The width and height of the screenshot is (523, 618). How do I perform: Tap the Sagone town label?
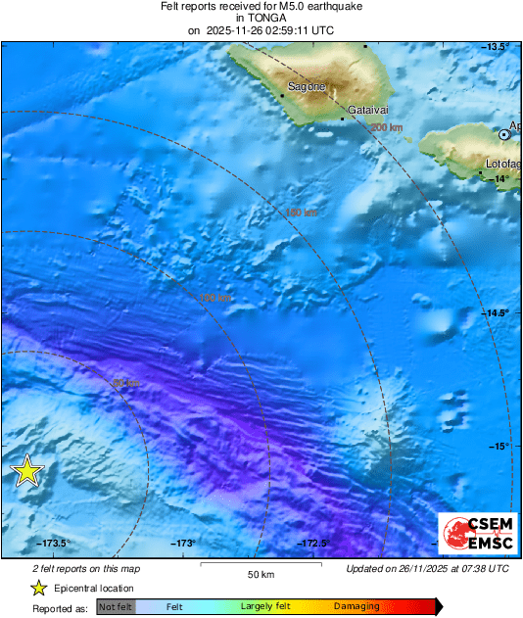coord(307,87)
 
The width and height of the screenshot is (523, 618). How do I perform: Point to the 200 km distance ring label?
coord(388,127)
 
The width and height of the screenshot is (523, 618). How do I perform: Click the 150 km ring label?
coord(301,213)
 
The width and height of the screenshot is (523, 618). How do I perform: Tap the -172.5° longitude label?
coord(313,544)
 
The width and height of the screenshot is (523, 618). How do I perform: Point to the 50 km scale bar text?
coord(261,575)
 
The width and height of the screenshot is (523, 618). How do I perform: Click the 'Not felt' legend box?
coord(116,606)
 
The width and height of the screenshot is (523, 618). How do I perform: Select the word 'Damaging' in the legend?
coord(357,606)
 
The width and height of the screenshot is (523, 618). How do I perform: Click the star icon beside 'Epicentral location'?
coord(38,588)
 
